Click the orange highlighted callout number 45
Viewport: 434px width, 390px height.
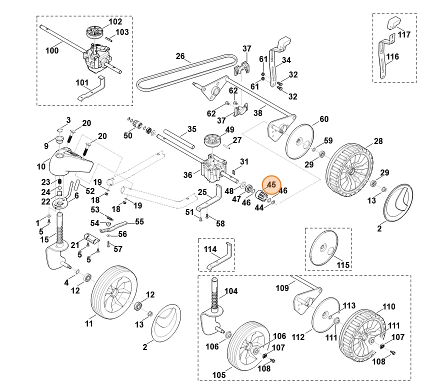point(271,184)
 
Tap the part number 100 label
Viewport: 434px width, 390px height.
point(52,50)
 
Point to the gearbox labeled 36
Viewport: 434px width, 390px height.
point(212,168)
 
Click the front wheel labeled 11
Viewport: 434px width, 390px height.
point(114,293)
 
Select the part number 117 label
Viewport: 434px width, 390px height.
point(404,34)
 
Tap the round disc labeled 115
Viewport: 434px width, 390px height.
point(324,248)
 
